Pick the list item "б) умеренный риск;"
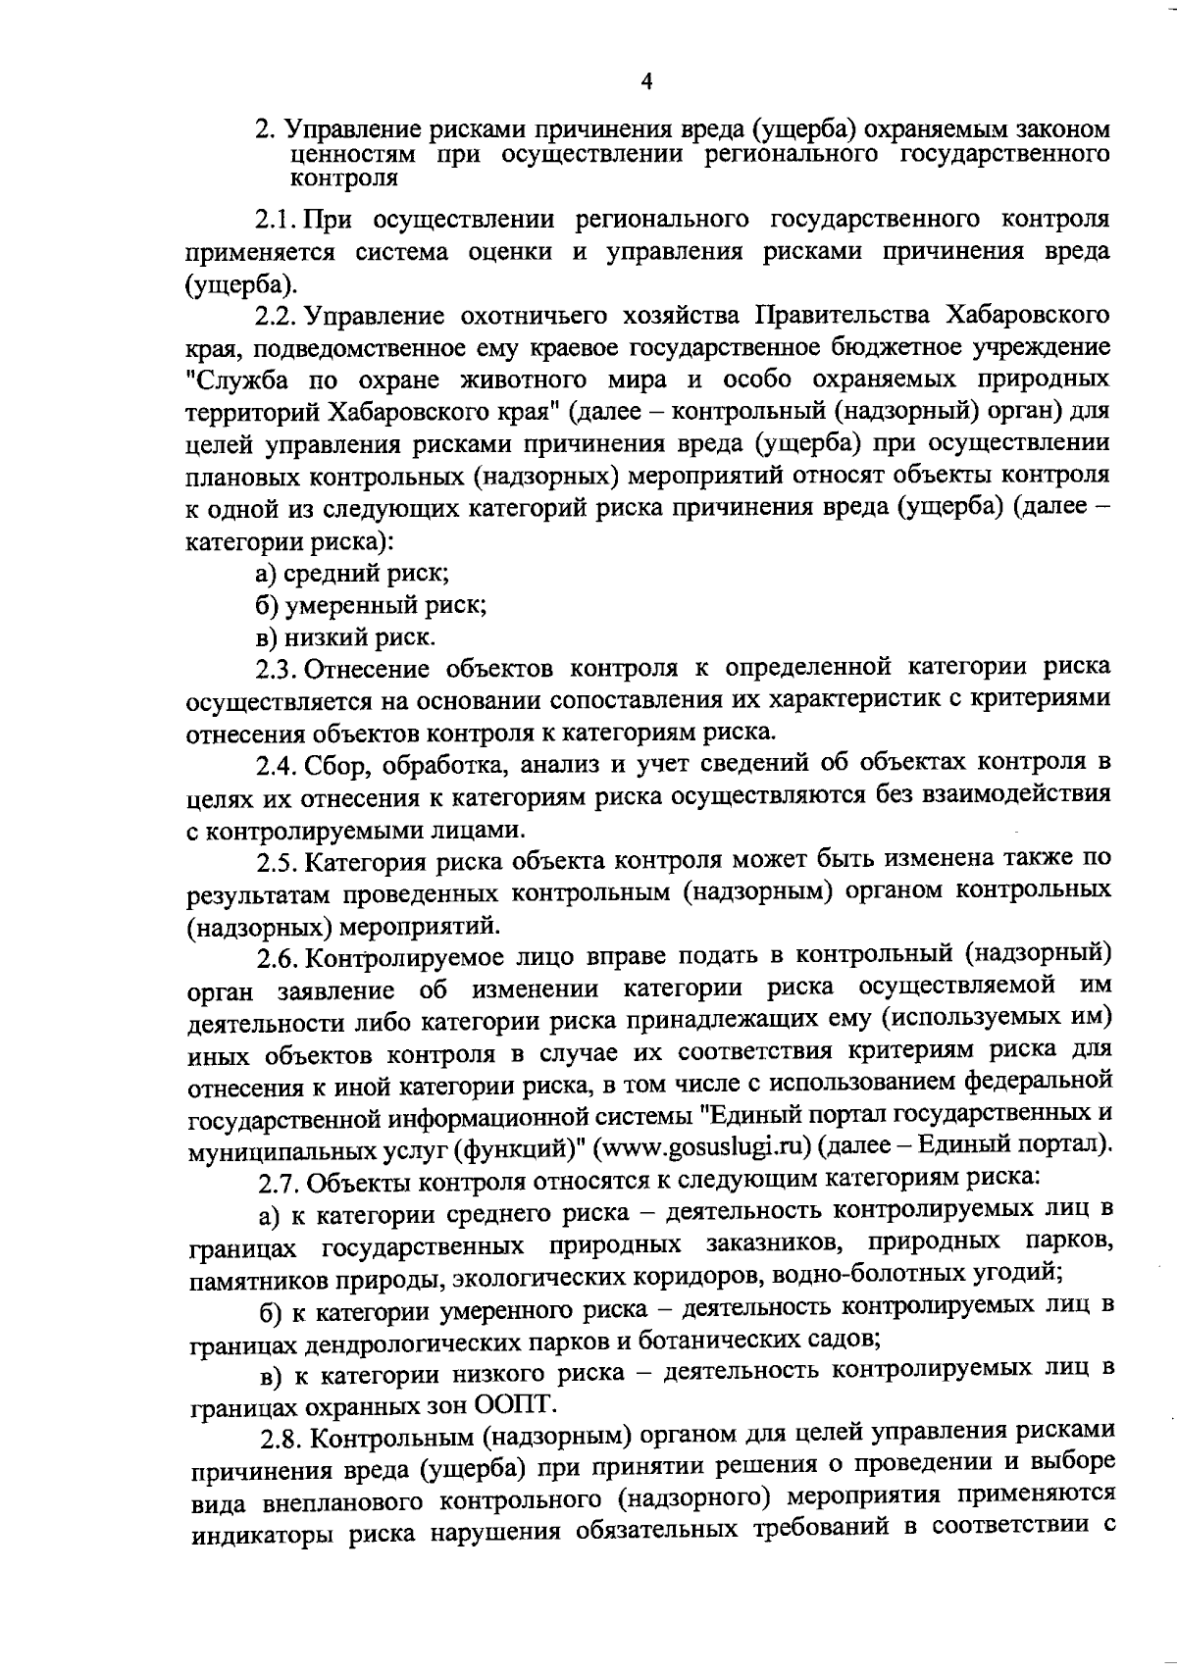372,605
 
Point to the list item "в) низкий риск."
345,637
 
